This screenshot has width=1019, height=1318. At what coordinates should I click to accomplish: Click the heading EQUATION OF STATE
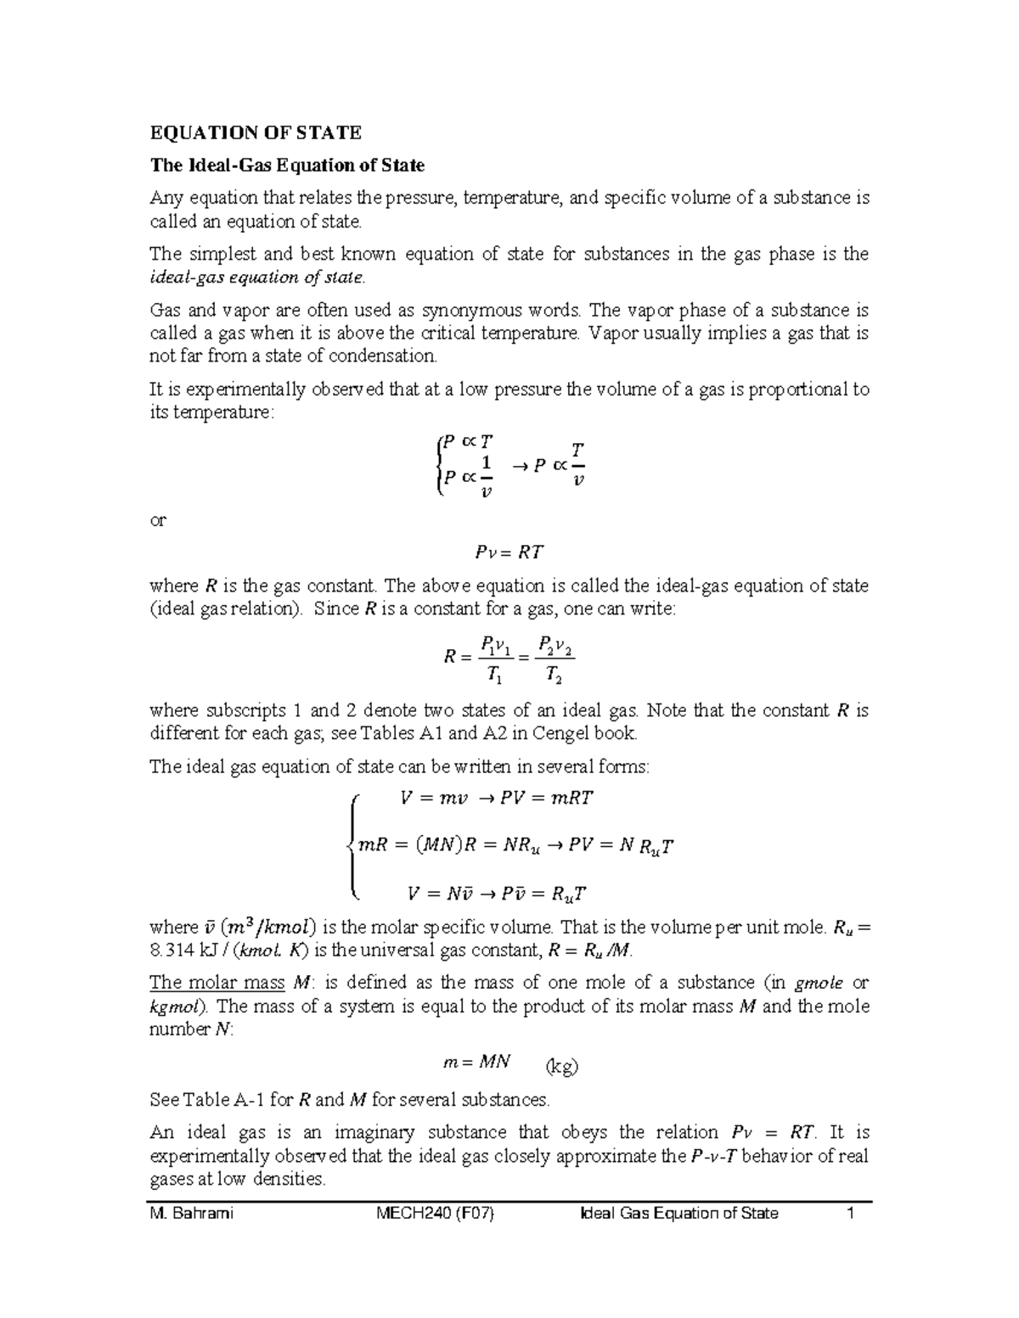(256, 132)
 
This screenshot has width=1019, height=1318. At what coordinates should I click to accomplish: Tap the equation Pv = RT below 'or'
(508, 553)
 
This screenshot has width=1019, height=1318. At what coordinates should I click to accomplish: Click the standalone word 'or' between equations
(158, 520)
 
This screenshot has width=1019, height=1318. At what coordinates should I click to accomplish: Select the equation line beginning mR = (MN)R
(516, 845)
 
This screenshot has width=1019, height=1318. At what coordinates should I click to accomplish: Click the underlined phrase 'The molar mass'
(217, 983)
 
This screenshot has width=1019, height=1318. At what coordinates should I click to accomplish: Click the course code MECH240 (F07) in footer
(436, 1213)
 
